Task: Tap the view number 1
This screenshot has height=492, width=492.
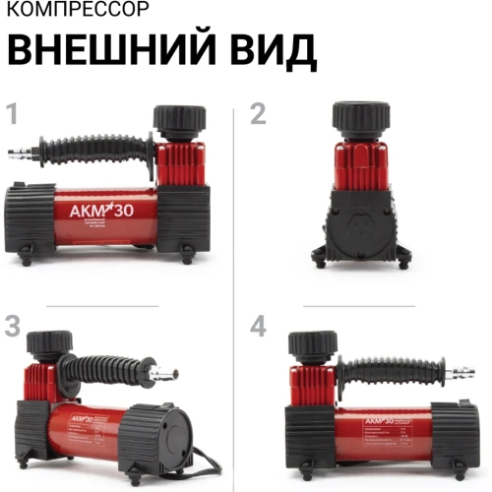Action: [x=13, y=115]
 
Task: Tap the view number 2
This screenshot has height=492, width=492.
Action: [x=258, y=115]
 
